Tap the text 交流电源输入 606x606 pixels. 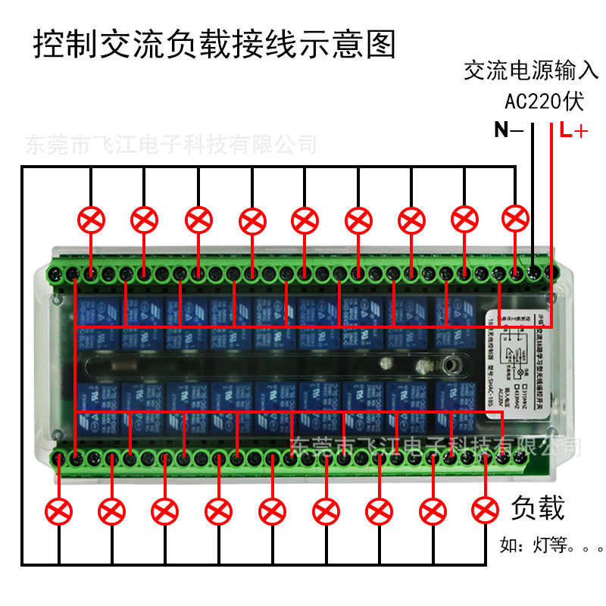tap(531, 71)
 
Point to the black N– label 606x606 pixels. tap(508, 130)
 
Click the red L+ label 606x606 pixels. tap(573, 130)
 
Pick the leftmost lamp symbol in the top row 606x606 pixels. tap(92, 220)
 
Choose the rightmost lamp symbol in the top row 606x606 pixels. tap(515, 219)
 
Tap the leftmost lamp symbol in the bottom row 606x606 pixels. tap(58, 511)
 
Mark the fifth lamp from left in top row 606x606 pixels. tap(305, 220)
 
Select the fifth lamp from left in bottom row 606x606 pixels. tap(271, 511)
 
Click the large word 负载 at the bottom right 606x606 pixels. tap(539, 508)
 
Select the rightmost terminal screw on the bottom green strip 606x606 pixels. tap(523, 458)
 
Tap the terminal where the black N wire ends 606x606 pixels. tap(535, 271)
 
